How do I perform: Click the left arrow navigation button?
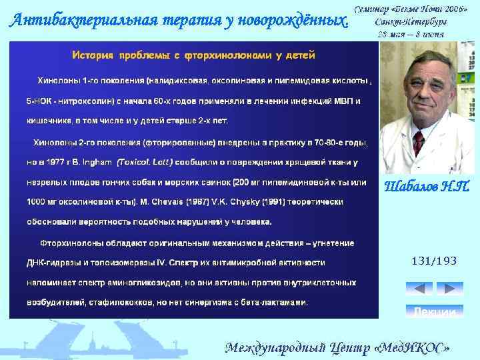[419, 289]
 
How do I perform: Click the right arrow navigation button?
[449, 289]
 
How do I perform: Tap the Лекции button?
[434, 312]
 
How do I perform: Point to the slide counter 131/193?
[434, 261]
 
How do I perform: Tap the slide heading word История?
[95, 53]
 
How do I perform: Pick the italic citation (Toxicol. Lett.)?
[145, 161]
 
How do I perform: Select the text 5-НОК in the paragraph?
[39, 101]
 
